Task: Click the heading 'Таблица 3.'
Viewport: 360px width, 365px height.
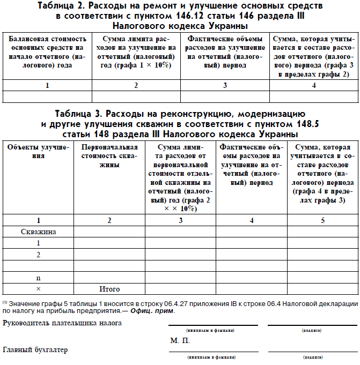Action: pos(79,114)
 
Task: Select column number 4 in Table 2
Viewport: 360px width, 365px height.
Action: pos(313,85)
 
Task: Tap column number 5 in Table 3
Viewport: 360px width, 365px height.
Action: pos(322,220)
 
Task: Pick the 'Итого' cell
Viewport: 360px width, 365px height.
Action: pos(110,289)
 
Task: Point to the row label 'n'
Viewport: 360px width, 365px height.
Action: pos(38,278)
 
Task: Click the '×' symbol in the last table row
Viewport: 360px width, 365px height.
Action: pos(38,289)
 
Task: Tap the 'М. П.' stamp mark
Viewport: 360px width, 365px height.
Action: pos(180,340)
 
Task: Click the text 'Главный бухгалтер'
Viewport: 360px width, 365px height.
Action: pos(35,350)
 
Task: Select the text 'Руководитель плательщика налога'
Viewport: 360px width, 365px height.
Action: pos(62,323)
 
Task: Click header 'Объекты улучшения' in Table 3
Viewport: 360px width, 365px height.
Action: pos(38,152)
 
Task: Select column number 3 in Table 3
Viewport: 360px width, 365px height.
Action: pos(180,220)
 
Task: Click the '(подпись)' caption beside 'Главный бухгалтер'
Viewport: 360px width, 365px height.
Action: pos(313,356)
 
